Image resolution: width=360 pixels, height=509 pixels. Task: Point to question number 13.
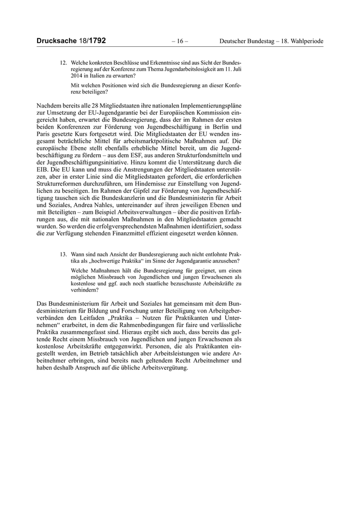point(64,254)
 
